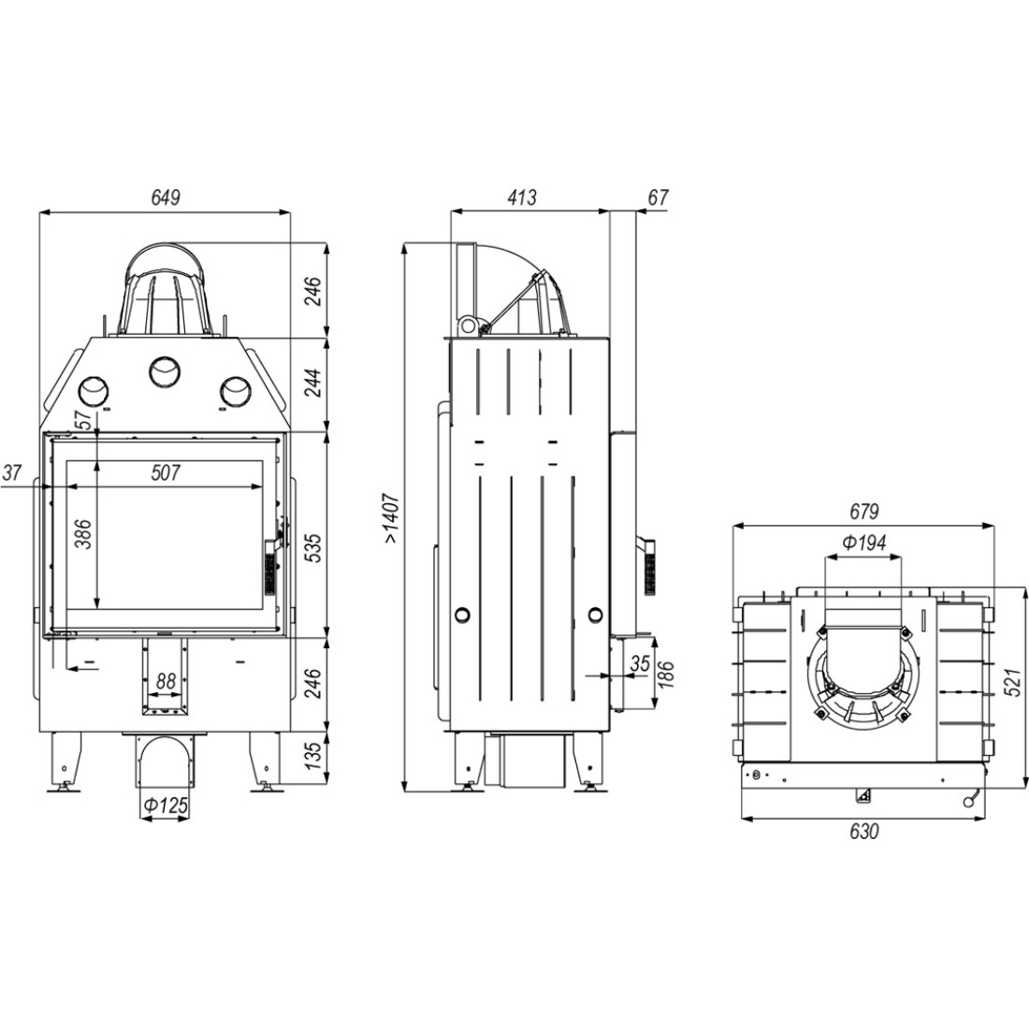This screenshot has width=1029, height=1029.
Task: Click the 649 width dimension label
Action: [x=166, y=196]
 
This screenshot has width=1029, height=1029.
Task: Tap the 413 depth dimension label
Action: [x=522, y=196]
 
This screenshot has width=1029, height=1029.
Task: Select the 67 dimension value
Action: [x=659, y=196]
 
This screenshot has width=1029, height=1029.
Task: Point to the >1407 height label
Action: [x=392, y=518]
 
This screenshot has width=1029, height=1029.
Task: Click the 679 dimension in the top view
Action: [x=863, y=511]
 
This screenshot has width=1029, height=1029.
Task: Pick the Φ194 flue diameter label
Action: [x=863, y=542]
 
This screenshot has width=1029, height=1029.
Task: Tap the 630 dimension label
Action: [x=863, y=832]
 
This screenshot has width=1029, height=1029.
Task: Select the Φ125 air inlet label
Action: [x=166, y=805]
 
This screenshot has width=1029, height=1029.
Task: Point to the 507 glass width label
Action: [x=166, y=472]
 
